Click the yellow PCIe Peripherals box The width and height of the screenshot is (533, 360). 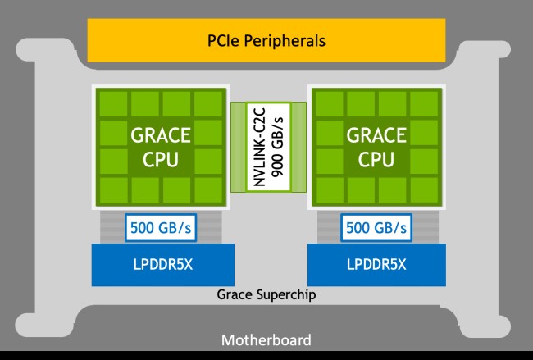(x=266, y=40)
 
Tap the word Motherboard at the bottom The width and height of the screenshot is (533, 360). (x=266, y=340)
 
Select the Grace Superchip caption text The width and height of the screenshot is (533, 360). (x=266, y=294)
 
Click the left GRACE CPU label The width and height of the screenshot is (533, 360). (x=161, y=147)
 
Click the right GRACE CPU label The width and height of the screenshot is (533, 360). (x=376, y=147)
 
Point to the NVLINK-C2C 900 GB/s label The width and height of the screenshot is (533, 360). (x=268, y=147)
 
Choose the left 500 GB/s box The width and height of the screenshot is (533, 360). (x=161, y=228)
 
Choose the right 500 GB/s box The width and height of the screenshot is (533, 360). (x=376, y=228)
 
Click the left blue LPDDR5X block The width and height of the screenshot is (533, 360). (x=163, y=265)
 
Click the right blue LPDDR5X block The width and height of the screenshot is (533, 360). (x=376, y=265)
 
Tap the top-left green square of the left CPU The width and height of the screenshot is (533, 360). (x=113, y=104)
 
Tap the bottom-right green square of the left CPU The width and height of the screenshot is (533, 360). (x=208, y=189)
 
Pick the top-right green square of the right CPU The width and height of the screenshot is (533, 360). (x=424, y=104)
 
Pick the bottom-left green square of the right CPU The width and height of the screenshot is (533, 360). (x=330, y=189)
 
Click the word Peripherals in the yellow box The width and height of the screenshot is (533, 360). (x=285, y=41)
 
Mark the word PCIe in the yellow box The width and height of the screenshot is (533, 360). (x=223, y=40)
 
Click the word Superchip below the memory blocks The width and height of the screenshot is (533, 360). (x=286, y=294)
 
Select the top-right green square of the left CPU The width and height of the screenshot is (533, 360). (x=208, y=104)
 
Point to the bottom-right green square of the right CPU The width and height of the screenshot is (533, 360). (x=424, y=189)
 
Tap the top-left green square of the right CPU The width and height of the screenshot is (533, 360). (x=330, y=104)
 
